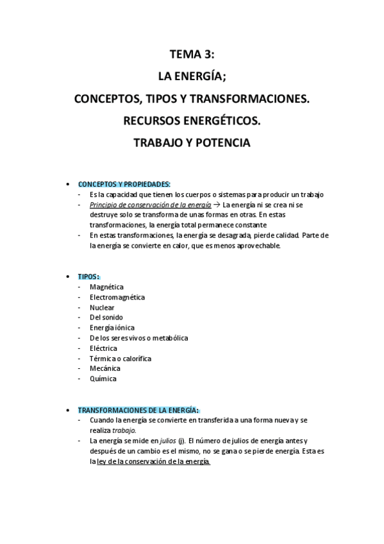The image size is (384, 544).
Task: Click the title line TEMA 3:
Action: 192,56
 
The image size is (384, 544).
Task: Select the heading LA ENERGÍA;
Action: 192,77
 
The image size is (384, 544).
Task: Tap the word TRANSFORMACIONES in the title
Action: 253,99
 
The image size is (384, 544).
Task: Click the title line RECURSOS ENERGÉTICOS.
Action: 192,121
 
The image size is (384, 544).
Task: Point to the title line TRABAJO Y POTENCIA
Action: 192,142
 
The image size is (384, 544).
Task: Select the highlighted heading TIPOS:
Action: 88,276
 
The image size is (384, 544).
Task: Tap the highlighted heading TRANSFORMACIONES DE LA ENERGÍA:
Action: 138,409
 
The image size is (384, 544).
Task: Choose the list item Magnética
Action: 106,287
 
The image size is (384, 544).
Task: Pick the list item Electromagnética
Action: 117,297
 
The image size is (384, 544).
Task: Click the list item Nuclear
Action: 103,307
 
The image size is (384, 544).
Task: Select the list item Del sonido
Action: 106,318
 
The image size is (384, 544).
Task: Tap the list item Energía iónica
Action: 112,328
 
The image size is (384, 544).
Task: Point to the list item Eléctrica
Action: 103,348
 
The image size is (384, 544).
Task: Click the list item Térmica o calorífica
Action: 121,359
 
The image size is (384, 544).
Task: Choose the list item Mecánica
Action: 105,369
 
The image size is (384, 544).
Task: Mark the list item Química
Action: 103,379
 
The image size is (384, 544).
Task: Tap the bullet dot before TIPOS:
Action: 69,276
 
